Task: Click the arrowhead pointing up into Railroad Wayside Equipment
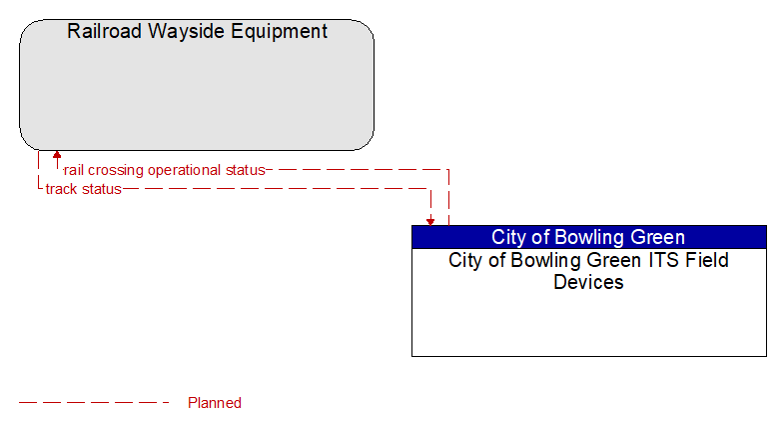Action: (x=57, y=154)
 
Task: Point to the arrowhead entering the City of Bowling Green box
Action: (x=430, y=222)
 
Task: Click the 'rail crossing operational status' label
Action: (x=165, y=170)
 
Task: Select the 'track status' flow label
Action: (x=83, y=189)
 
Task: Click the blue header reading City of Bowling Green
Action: (x=589, y=237)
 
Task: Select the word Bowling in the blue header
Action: (x=589, y=238)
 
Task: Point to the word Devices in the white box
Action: (x=588, y=282)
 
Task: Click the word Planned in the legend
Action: (x=215, y=403)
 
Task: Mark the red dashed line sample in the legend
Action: (x=94, y=402)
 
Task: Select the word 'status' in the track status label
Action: (x=102, y=189)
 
